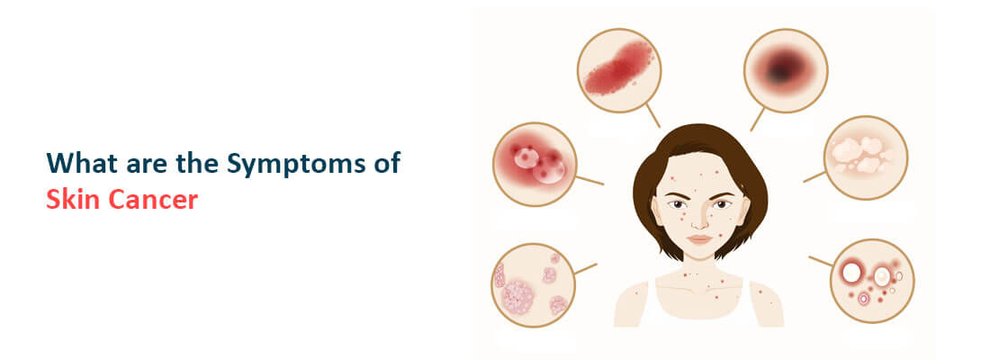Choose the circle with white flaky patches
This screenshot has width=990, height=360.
(x=866, y=157)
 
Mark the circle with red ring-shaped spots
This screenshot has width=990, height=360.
(x=871, y=279)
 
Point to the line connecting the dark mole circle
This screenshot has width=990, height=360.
(x=757, y=119)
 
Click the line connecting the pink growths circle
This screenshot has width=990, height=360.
(x=585, y=267)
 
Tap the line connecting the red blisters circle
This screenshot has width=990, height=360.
(x=589, y=180)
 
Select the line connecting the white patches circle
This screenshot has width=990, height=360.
(x=814, y=176)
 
